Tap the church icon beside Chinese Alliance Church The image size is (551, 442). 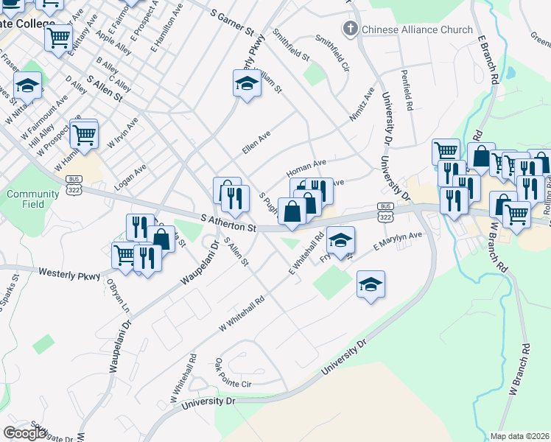tap(351, 29)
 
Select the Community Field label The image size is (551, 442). tap(32, 199)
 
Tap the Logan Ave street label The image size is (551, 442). tap(130, 177)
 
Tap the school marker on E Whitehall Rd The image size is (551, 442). tap(340, 240)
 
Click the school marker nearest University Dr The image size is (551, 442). tap(371, 284)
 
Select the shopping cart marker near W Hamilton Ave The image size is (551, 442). tap(84, 135)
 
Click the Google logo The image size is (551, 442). tap(25, 433)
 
